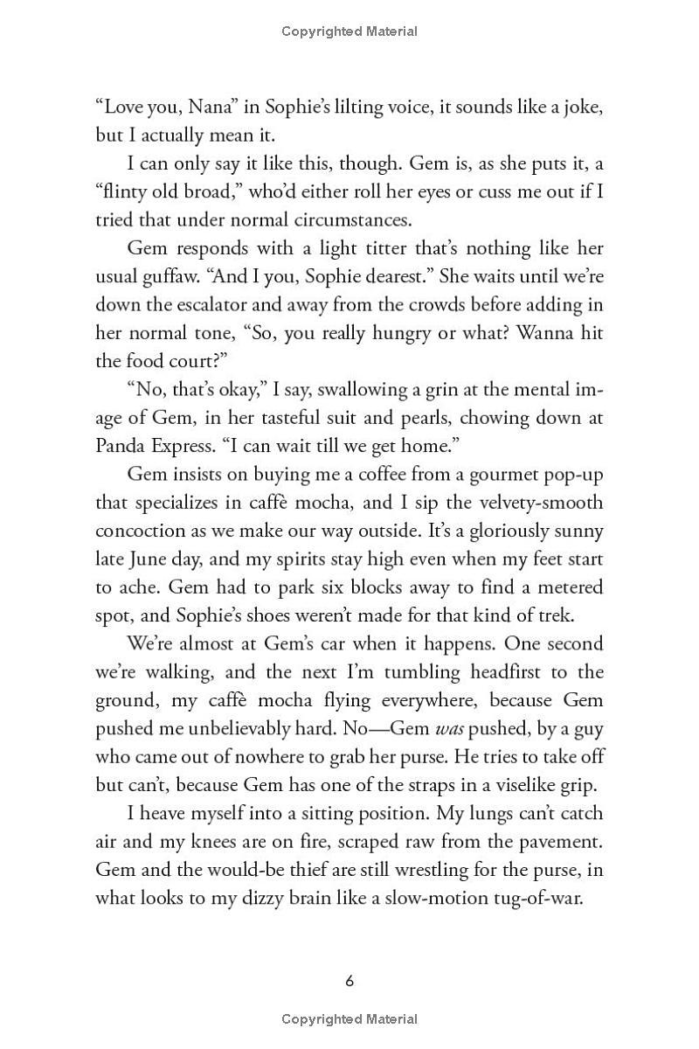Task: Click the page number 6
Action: point(349,981)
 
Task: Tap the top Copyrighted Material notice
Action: point(349,31)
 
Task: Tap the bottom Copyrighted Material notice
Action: point(349,1019)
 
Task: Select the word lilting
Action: point(365,108)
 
